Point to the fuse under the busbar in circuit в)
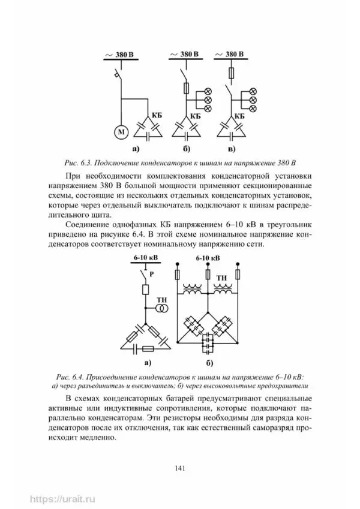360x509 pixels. tap(232, 73)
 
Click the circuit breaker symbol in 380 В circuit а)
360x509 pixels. tap(119, 75)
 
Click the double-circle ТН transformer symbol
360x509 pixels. tap(161, 308)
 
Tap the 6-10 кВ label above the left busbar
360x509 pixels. tap(144, 258)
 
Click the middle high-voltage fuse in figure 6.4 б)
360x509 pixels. tap(208, 275)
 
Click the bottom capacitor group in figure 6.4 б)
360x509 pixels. tap(208, 341)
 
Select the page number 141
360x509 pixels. tap(179, 467)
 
